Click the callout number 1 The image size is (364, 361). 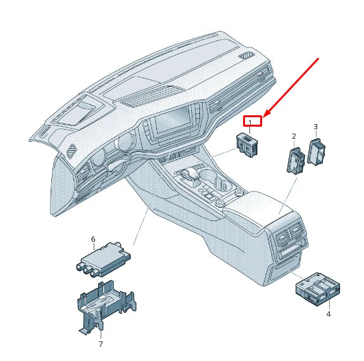249,122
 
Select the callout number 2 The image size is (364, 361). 294,136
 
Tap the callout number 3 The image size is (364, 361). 316,127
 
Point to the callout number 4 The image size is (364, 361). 329,313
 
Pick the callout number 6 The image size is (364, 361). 93,239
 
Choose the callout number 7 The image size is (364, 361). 100,344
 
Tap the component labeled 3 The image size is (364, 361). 317,152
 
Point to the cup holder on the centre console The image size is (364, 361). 222,185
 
